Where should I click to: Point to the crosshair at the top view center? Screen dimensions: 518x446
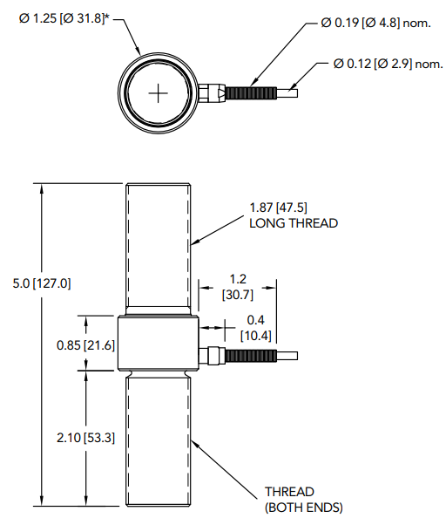coord(158,92)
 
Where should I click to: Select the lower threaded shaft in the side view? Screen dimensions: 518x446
coord(158,440)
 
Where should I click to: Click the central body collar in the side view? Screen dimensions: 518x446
coord(158,344)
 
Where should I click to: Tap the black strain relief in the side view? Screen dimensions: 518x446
coord(251,356)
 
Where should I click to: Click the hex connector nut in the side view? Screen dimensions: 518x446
coord(210,356)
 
